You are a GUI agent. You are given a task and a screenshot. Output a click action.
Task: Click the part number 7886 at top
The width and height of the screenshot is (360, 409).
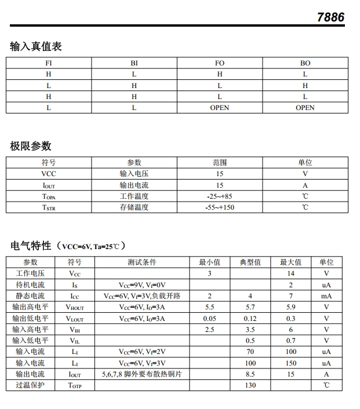click(330, 17)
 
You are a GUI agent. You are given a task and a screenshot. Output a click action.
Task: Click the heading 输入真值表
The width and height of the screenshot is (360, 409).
click(36, 46)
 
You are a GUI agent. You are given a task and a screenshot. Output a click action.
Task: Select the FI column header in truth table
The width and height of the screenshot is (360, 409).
click(49, 63)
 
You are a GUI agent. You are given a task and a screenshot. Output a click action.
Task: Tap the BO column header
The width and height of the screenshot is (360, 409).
click(305, 63)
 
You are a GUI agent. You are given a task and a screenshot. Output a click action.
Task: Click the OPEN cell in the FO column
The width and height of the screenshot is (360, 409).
click(220, 108)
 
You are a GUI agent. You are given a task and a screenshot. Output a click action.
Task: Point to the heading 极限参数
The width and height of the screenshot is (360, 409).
click(31, 146)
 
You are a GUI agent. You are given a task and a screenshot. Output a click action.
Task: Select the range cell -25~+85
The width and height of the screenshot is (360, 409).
click(220, 196)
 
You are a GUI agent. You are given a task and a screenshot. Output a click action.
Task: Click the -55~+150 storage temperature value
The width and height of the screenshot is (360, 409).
click(220, 207)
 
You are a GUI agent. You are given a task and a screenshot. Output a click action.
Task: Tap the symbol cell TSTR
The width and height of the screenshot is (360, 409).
click(49, 207)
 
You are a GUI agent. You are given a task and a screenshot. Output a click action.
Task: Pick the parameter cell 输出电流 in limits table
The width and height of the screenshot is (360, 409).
click(134, 185)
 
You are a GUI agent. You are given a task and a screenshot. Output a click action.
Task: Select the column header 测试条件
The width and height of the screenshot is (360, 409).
click(142, 262)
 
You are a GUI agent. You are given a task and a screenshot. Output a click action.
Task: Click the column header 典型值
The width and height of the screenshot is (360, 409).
click(250, 262)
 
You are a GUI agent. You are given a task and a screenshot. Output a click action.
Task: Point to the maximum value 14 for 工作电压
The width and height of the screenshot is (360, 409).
click(291, 273)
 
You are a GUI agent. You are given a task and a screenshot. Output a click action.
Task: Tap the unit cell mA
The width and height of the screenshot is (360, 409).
click(326, 296)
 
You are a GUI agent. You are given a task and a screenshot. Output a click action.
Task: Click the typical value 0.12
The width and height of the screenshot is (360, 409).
click(250, 319)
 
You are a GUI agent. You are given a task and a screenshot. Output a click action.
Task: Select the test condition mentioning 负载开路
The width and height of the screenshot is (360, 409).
click(142, 296)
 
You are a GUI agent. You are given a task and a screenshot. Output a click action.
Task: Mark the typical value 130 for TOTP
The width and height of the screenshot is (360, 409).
click(250, 385)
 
